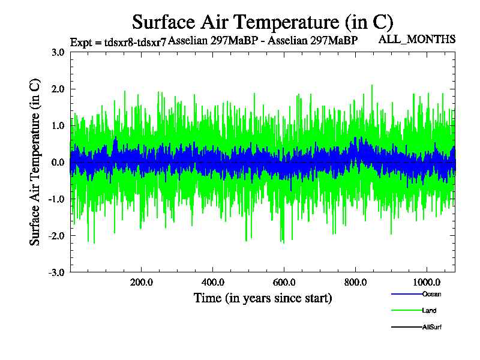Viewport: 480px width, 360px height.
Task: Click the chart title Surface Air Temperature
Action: pos(262,22)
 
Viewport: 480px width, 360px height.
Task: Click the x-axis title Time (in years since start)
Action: pos(263,298)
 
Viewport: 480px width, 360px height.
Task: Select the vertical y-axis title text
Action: pos(35,162)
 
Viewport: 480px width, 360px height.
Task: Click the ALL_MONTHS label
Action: pos(416,40)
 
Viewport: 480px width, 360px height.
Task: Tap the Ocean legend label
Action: pos(431,294)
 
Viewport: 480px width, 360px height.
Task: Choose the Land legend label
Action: pos(429,311)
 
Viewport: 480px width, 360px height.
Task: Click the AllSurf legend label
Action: pos(432,328)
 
